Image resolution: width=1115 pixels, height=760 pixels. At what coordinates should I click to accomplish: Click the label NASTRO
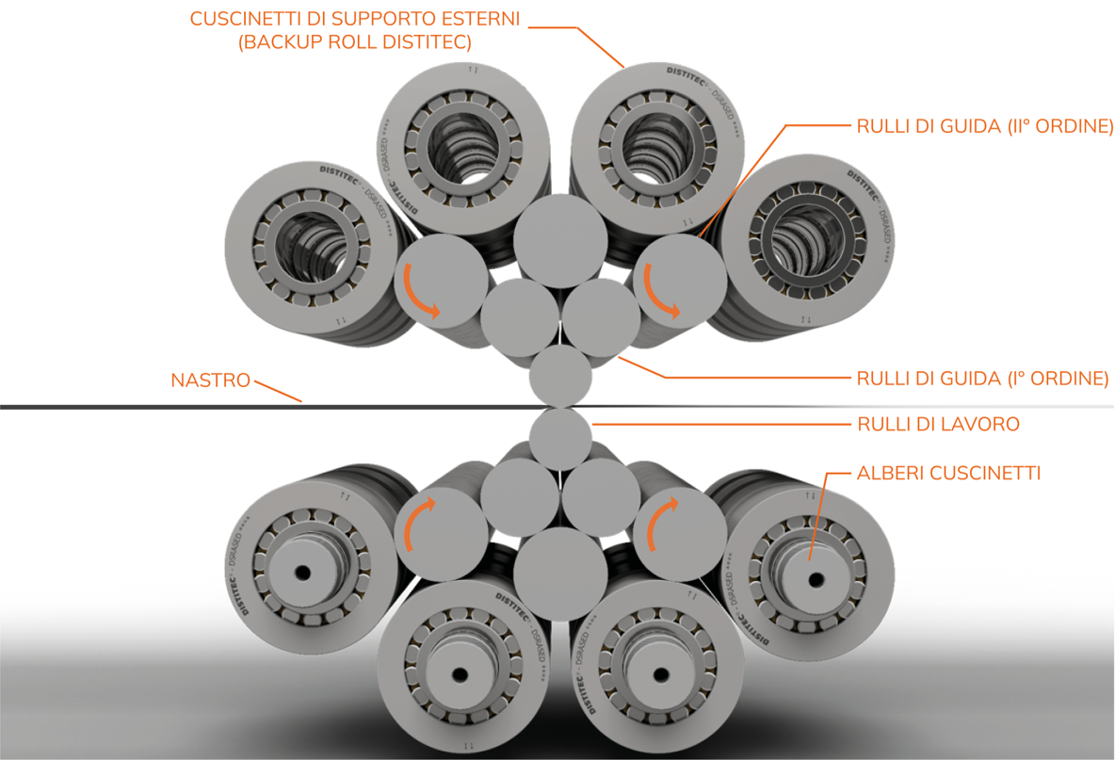211,381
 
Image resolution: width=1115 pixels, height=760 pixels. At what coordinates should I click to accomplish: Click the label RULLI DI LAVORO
938,425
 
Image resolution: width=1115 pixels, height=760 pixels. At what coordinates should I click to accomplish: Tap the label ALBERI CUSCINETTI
948,473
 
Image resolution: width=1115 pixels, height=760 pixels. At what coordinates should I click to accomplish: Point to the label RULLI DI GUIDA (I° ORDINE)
982,379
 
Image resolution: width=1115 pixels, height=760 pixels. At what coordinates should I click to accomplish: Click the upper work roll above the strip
560,375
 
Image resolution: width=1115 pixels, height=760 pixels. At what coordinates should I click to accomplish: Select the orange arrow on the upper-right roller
660,293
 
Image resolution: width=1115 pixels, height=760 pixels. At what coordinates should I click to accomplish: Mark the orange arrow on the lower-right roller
660,522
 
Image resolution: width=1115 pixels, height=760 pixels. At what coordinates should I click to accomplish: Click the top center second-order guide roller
560,239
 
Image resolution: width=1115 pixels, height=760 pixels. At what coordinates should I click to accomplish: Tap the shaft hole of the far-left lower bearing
304,572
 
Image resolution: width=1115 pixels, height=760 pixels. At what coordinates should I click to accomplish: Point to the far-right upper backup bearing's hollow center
812,241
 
